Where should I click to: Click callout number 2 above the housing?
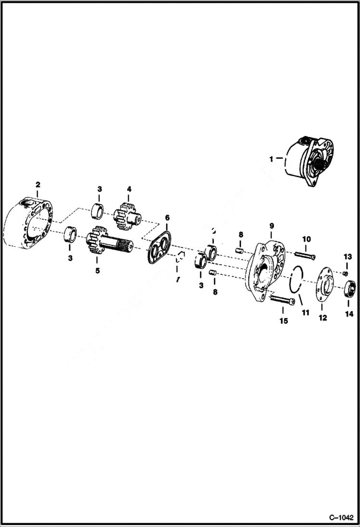[x=38, y=184]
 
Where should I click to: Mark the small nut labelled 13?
[x=346, y=273]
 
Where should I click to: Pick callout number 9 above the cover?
[x=272, y=225]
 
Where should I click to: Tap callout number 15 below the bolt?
[x=284, y=320]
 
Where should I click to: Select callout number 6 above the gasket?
[x=167, y=218]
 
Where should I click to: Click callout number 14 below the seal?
[x=349, y=314]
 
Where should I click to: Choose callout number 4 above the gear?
[x=129, y=189]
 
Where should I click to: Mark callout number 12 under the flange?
[x=323, y=318]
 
